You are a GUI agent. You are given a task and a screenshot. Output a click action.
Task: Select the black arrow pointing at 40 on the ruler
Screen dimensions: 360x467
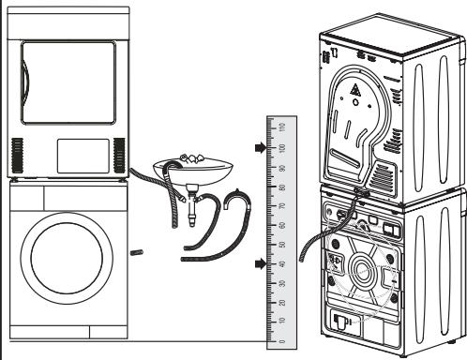coord(258,265)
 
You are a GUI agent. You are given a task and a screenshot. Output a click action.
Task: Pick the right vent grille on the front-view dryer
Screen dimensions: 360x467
coord(118,154)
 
